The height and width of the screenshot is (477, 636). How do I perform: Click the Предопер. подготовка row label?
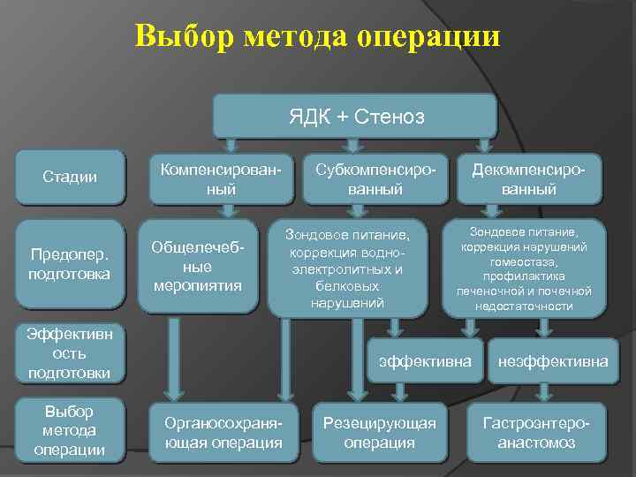[x=70, y=264]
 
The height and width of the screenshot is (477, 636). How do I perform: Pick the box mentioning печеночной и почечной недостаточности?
[x=528, y=268]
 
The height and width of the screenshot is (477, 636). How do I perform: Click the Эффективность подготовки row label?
[x=70, y=353]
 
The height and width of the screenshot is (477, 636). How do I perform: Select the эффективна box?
[x=425, y=361]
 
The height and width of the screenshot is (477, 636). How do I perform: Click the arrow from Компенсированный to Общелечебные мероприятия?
[x=227, y=213]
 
